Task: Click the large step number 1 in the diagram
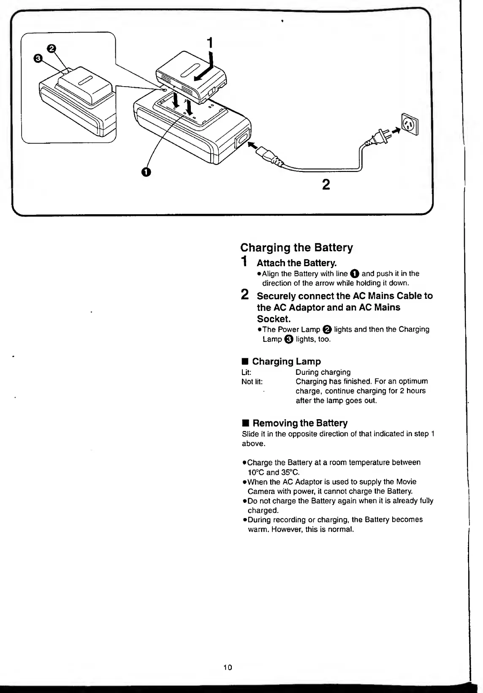(209, 43)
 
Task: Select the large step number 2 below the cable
(326, 185)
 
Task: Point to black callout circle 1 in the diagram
(146, 172)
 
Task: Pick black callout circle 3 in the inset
(38, 59)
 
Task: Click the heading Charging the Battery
(296, 247)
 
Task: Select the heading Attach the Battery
(296, 263)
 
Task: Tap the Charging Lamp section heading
(286, 361)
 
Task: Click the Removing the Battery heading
(299, 423)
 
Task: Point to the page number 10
(228, 668)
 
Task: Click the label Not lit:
(252, 382)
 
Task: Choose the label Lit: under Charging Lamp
(246, 372)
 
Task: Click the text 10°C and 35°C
(273, 472)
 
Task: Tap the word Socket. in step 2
(274, 319)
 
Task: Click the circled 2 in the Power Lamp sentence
(327, 330)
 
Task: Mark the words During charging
(323, 372)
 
